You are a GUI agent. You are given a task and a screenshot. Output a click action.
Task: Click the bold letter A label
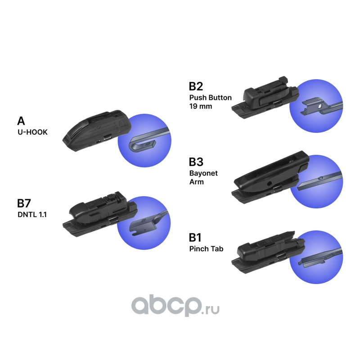coord(21,121)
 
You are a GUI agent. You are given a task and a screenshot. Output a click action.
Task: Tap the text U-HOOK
coord(32,133)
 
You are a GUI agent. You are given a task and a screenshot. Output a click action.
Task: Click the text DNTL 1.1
coord(32,215)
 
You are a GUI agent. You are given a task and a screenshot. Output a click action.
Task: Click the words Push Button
coord(210,97)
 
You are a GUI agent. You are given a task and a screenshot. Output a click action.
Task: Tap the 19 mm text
coord(201,107)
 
